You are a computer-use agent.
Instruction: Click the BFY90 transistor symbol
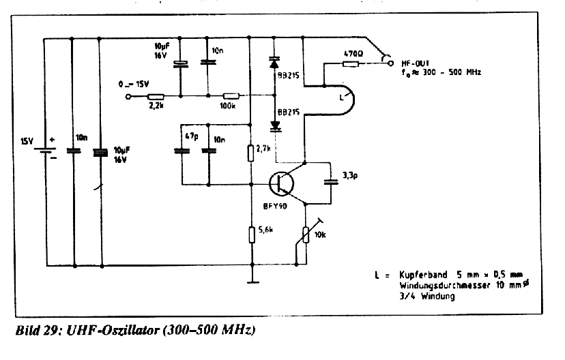(x=280, y=183)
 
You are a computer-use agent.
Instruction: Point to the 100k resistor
(x=231, y=96)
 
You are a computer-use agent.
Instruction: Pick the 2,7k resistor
(x=250, y=151)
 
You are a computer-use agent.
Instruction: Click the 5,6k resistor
(x=250, y=235)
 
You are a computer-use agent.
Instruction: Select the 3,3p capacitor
(x=332, y=182)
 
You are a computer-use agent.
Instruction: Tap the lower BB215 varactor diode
(x=275, y=125)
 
